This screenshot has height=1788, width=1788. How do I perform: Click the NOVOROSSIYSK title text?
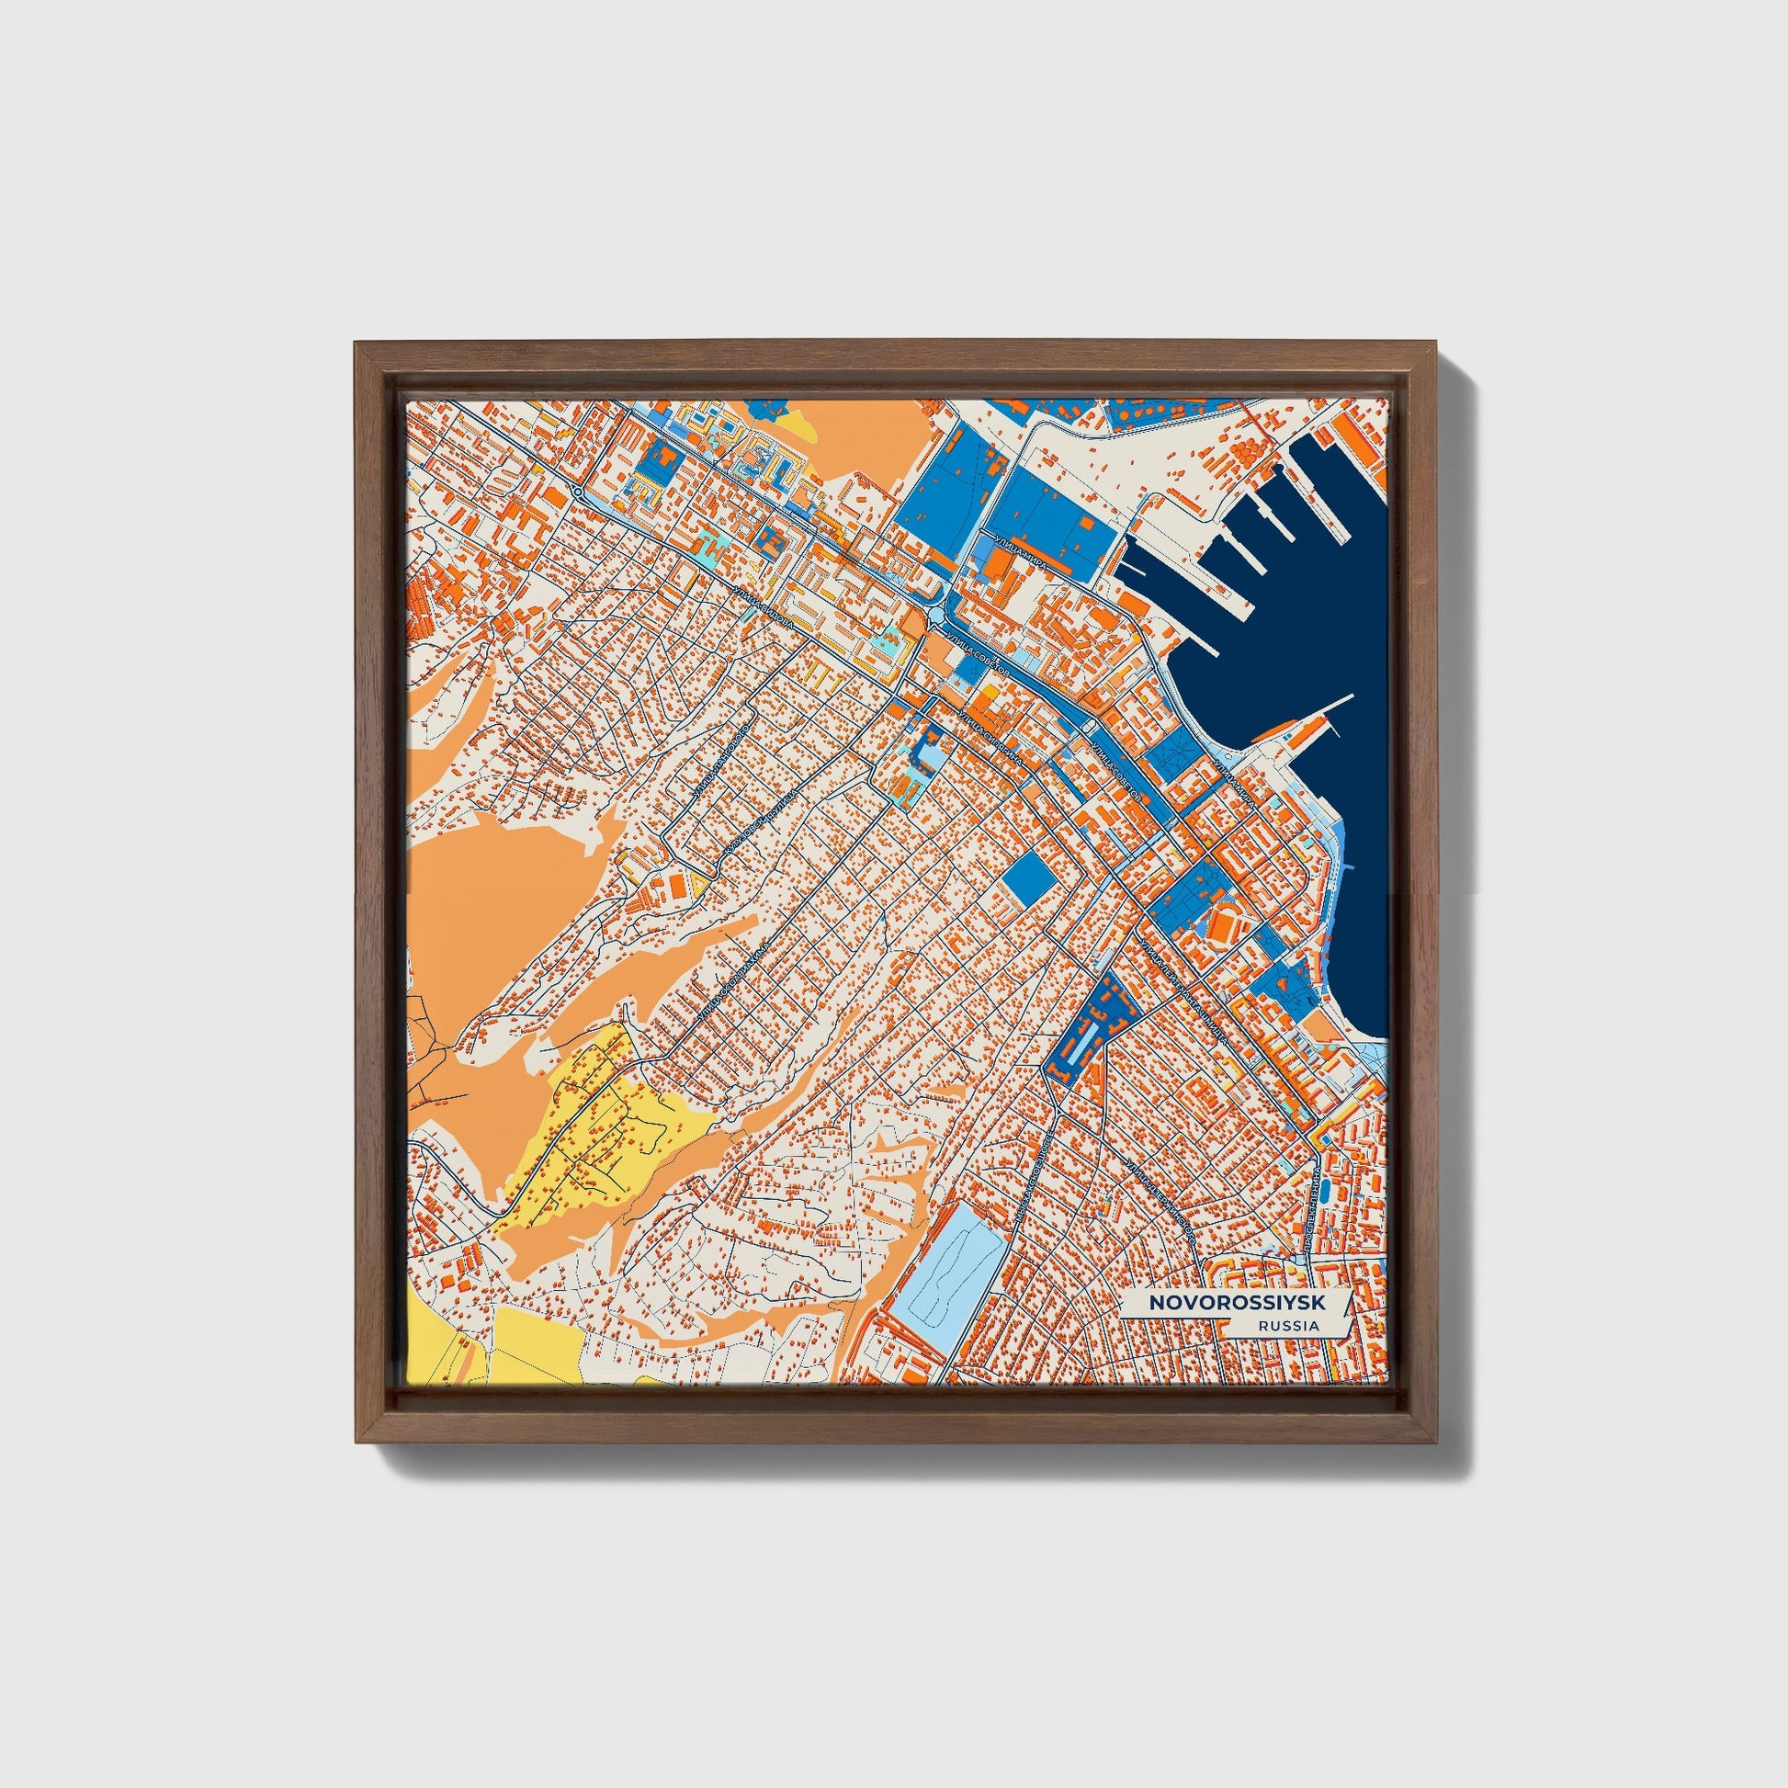click(1237, 1302)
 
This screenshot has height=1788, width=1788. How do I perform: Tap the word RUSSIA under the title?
click(1288, 1325)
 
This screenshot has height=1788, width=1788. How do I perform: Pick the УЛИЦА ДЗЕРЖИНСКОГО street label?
click(1160, 1200)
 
